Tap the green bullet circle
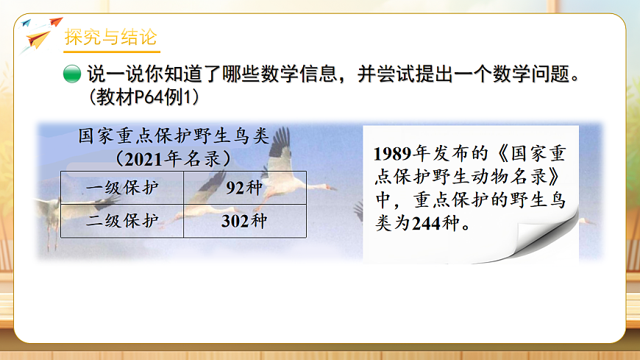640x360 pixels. click(71, 75)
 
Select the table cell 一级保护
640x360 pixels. click(121, 187)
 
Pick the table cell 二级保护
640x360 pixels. click(121, 221)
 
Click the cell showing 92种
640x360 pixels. click(244, 187)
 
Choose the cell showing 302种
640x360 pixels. click(244, 221)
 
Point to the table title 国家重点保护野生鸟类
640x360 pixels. click(174, 137)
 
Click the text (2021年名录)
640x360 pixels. click(174, 158)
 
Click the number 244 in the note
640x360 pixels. click(426, 224)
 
